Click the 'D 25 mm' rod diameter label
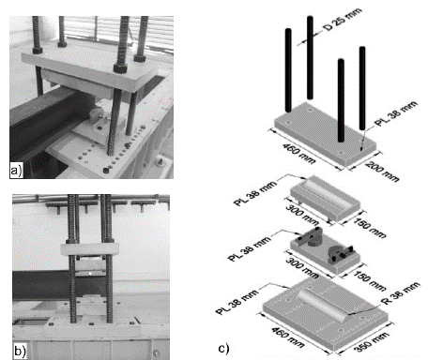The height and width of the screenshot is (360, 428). (343, 20)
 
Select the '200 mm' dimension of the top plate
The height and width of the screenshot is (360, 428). (382, 172)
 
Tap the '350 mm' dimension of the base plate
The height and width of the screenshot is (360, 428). (373, 342)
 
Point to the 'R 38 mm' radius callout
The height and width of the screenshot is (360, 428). (400, 293)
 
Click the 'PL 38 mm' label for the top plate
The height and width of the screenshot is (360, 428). (397, 113)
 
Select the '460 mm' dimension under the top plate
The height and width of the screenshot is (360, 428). (299, 153)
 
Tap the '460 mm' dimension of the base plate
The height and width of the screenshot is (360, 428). (287, 337)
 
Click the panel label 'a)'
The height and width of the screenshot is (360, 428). (16, 171)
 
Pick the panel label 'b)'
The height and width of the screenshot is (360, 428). (20, 351)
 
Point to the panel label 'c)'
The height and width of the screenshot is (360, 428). (223, 348)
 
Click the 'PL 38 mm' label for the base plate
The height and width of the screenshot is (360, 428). (237, 302)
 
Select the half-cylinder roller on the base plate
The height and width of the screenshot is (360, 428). (322, 305)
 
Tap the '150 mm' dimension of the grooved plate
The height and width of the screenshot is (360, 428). (370, 228)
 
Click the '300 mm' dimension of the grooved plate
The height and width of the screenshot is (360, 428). (302, 216)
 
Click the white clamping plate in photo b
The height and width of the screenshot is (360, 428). (89, 249)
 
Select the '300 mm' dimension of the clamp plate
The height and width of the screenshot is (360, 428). (302, 268)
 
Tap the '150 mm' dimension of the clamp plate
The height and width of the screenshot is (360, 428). (370, 280)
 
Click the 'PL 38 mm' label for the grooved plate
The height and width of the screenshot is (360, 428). (255, 193)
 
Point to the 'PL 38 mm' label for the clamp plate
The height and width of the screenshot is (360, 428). (250, 248)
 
